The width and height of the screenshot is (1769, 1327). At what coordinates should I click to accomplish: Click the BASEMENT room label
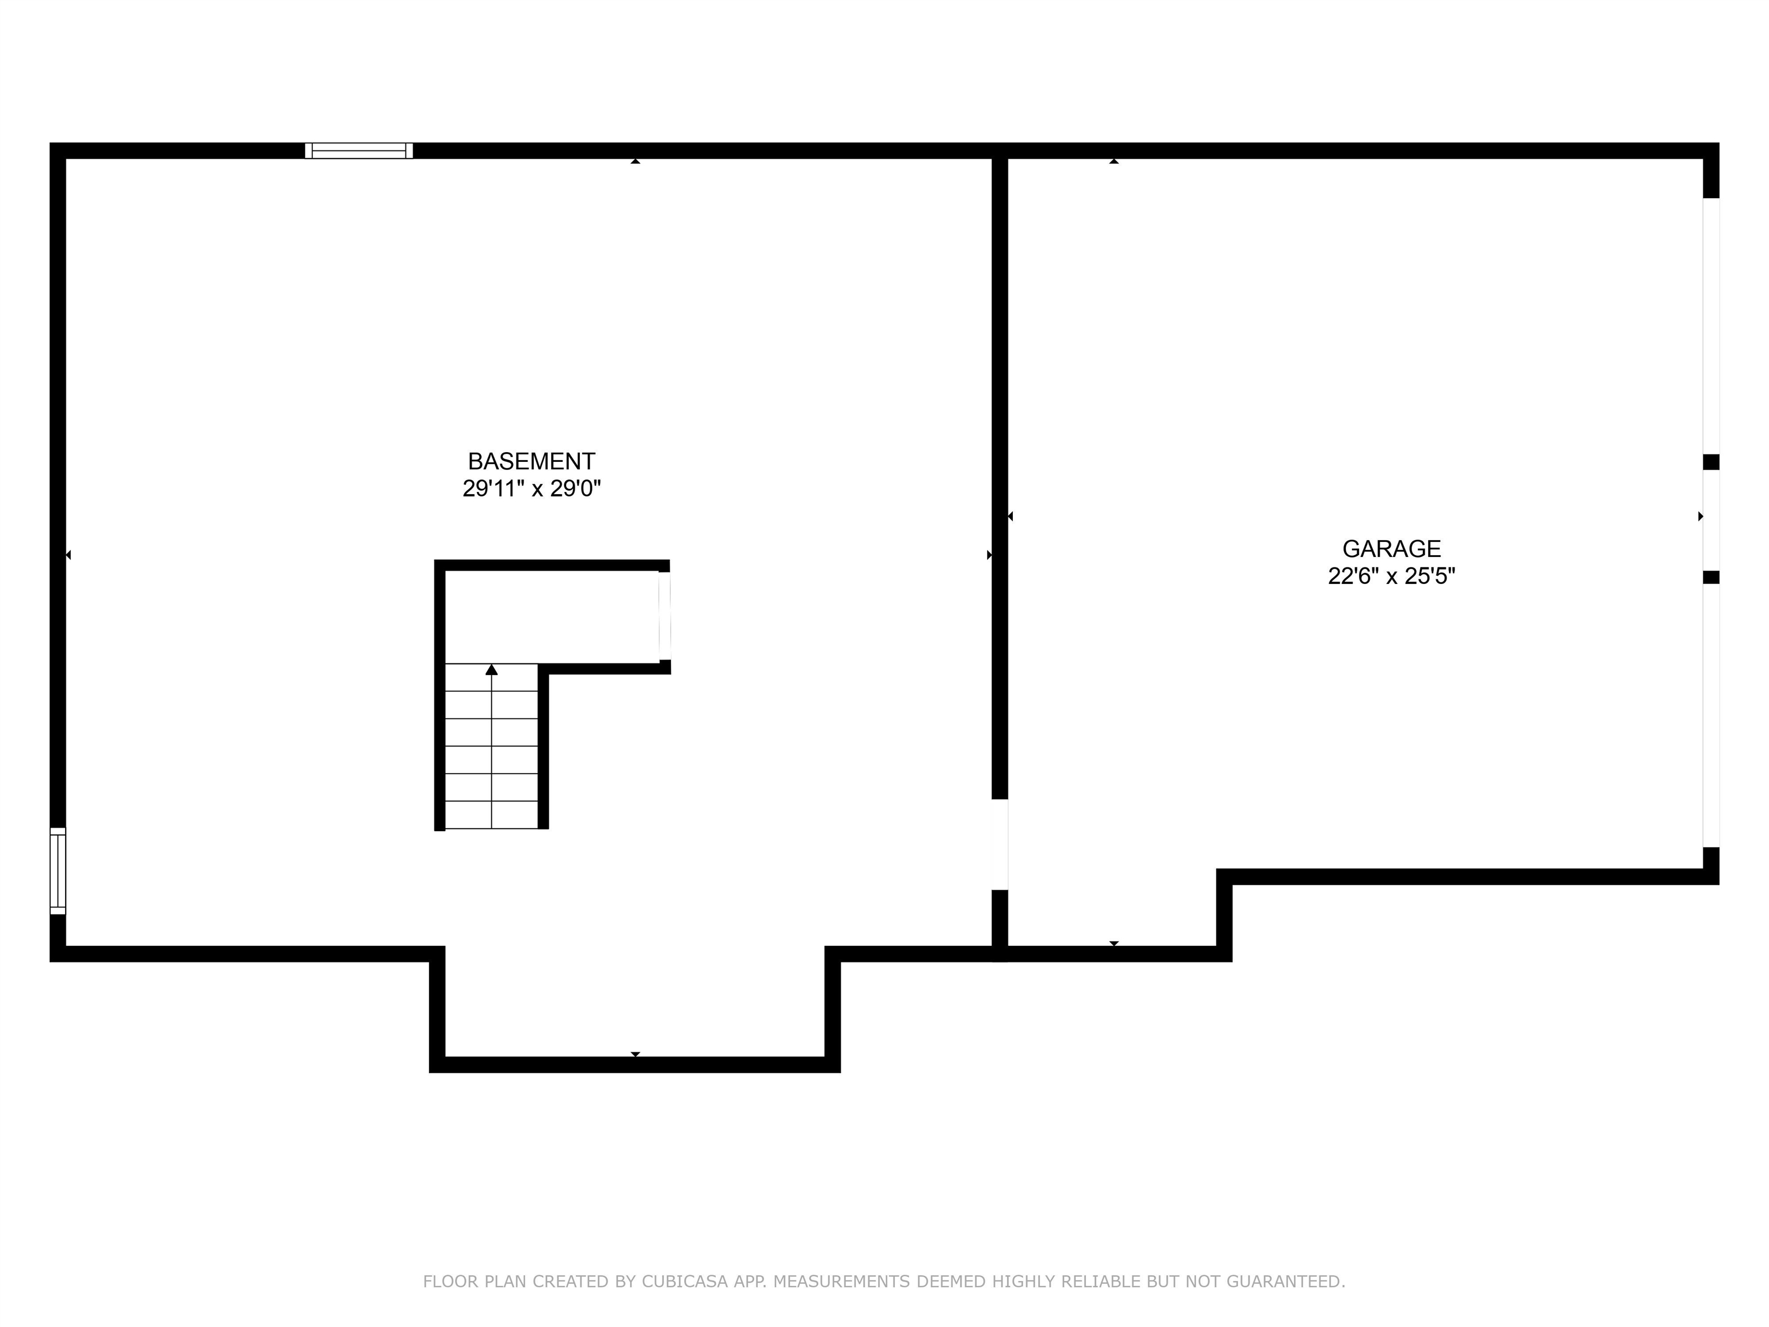[531, 461]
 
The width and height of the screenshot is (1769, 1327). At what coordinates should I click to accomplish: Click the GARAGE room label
[1391, 549]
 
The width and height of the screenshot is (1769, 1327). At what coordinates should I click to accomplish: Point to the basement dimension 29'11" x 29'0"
[531, 488]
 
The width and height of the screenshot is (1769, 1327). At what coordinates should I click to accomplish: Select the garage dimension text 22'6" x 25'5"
[1391, 576]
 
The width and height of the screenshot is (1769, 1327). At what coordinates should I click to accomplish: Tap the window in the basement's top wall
[359, 150]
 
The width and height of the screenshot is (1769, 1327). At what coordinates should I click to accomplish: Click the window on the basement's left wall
[58, 870]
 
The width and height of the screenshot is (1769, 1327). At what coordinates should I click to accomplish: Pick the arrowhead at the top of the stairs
[492, 669]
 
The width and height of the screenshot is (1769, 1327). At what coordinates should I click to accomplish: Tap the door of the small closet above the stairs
[665, 616]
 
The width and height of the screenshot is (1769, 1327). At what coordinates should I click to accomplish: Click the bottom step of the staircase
[492, 814]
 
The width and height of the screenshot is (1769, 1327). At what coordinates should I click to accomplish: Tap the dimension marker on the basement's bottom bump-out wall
[635, 1054]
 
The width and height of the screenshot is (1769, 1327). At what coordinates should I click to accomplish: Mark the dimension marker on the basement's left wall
[68, 554]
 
